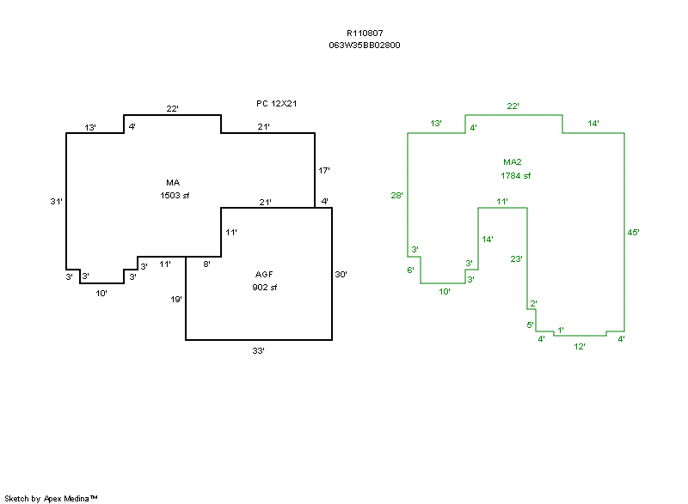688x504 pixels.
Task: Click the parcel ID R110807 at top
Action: [365, 33]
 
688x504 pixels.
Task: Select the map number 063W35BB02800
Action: [365, 45]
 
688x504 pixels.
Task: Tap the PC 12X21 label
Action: [276, 103]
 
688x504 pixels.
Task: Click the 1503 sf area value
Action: [174, 195]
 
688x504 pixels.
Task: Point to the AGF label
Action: [265, 275]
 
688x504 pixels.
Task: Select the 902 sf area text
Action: [265, 287]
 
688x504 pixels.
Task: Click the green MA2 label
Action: [513, 162]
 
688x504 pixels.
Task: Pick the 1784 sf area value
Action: [516, 175]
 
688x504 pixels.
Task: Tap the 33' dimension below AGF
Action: [258, 350]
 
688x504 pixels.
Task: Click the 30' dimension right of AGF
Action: [341, 275]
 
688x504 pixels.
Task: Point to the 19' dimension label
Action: [176, 300]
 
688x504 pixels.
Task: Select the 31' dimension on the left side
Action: [57, 201]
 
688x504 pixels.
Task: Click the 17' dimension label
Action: [324, 171]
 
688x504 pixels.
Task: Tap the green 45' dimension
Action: [634, 232]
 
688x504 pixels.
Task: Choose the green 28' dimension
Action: [396, 195]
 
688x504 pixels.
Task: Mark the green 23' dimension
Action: [516, 258]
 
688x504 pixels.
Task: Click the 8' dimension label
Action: [207, 264]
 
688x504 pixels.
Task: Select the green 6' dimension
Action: [411, 270]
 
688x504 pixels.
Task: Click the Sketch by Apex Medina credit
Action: [52, 498]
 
